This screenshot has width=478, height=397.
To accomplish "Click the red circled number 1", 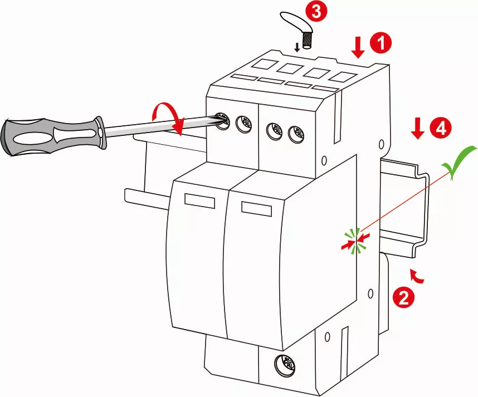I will tap(382, 43).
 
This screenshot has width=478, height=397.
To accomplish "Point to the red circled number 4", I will tap(440, 129).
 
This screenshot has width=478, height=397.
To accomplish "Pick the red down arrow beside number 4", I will tap(417, 129).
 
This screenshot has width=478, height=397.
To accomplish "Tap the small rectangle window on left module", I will tap(199, 201).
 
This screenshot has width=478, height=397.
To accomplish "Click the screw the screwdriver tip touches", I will tap(222, 120).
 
